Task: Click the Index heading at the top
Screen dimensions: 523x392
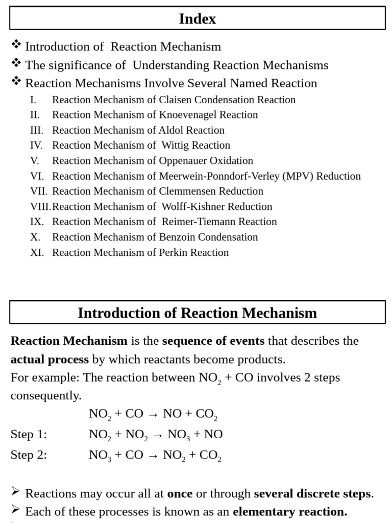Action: coord(198,19)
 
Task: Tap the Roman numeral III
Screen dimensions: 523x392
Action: coord(37,130)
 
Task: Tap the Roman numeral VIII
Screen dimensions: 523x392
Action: coord(40,207)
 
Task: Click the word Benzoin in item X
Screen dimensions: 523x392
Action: coord(177,237)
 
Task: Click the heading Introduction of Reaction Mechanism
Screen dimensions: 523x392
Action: coord(198,313)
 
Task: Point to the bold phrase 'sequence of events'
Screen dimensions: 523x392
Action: coord(213,341)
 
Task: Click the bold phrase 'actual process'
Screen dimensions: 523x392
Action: coord(50,359)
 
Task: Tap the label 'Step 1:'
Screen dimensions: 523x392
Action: coord(29,434)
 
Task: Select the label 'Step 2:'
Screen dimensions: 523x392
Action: coord(29,455)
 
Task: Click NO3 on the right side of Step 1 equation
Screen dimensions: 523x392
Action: coord(178,435)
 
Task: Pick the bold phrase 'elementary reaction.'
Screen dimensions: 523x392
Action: coord(290,511)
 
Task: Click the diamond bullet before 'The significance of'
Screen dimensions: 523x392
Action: coord(16,63)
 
